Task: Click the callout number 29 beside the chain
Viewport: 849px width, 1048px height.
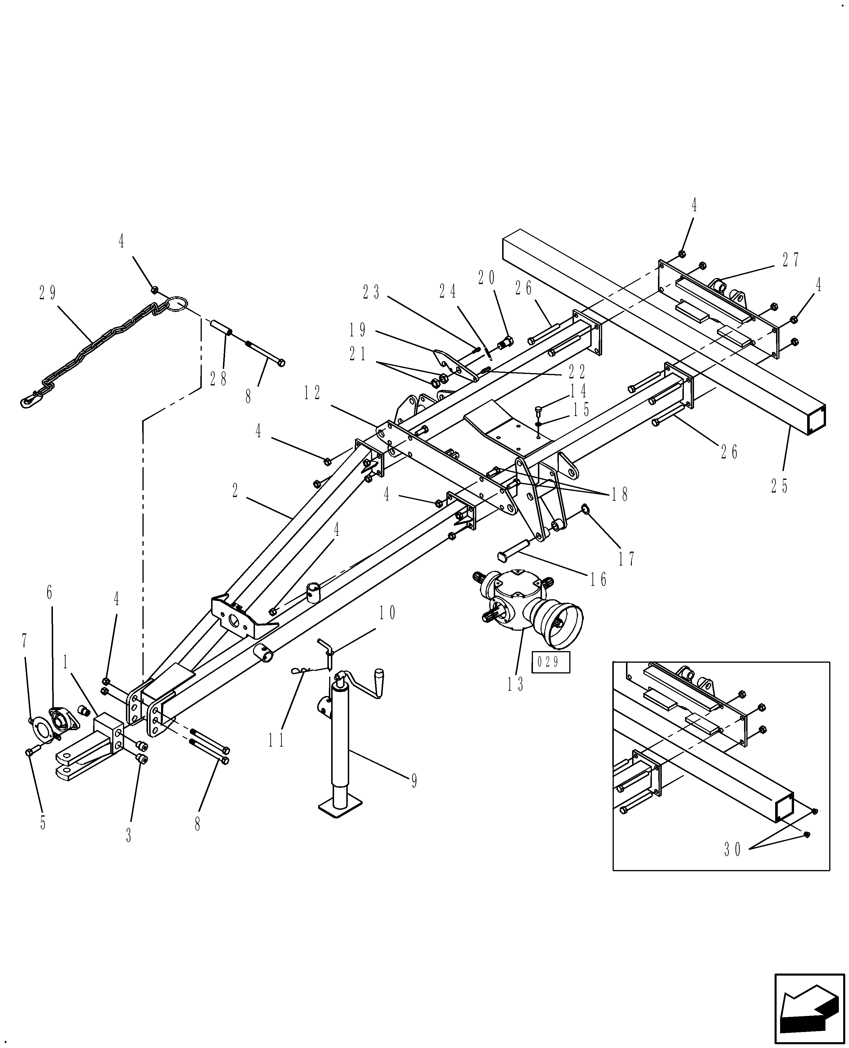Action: coord(47,293)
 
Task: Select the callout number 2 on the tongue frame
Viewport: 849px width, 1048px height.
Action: coord(235,491)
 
